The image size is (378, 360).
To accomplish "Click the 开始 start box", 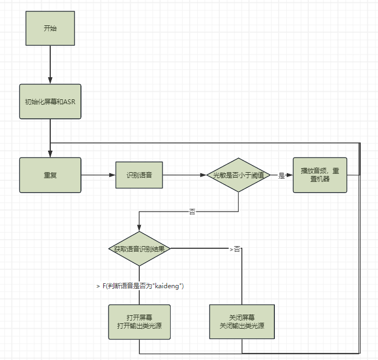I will (50, 29).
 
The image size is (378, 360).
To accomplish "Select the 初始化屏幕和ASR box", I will (50, 101).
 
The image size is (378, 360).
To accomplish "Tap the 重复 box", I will (50, 175).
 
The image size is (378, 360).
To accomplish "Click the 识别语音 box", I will (139, 175).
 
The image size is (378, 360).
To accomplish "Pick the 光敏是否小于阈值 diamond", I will (238, 175).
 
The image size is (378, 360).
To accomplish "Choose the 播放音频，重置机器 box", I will (320, 175).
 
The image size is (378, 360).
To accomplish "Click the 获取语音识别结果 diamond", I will (139, 249).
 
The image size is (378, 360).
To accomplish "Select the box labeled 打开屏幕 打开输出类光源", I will (139, 322).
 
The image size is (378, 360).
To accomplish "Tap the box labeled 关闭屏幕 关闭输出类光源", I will (241, 322).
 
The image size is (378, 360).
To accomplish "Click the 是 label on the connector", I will (281, 175).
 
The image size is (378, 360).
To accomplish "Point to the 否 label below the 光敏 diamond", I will (192, 212).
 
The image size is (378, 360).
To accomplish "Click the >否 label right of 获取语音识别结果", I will (235, 249).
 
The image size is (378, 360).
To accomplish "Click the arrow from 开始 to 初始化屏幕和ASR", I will (50, 65).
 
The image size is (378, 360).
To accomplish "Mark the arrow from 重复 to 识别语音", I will (98, 175).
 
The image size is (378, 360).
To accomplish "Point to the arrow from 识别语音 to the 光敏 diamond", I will (185, 175).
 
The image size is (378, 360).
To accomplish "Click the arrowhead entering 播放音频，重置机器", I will (289, 175).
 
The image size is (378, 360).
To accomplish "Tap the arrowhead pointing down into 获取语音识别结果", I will (139, 228).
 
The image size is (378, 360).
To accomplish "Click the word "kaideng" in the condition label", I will (168, 286).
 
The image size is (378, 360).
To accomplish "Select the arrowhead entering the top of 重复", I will (50, 154).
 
